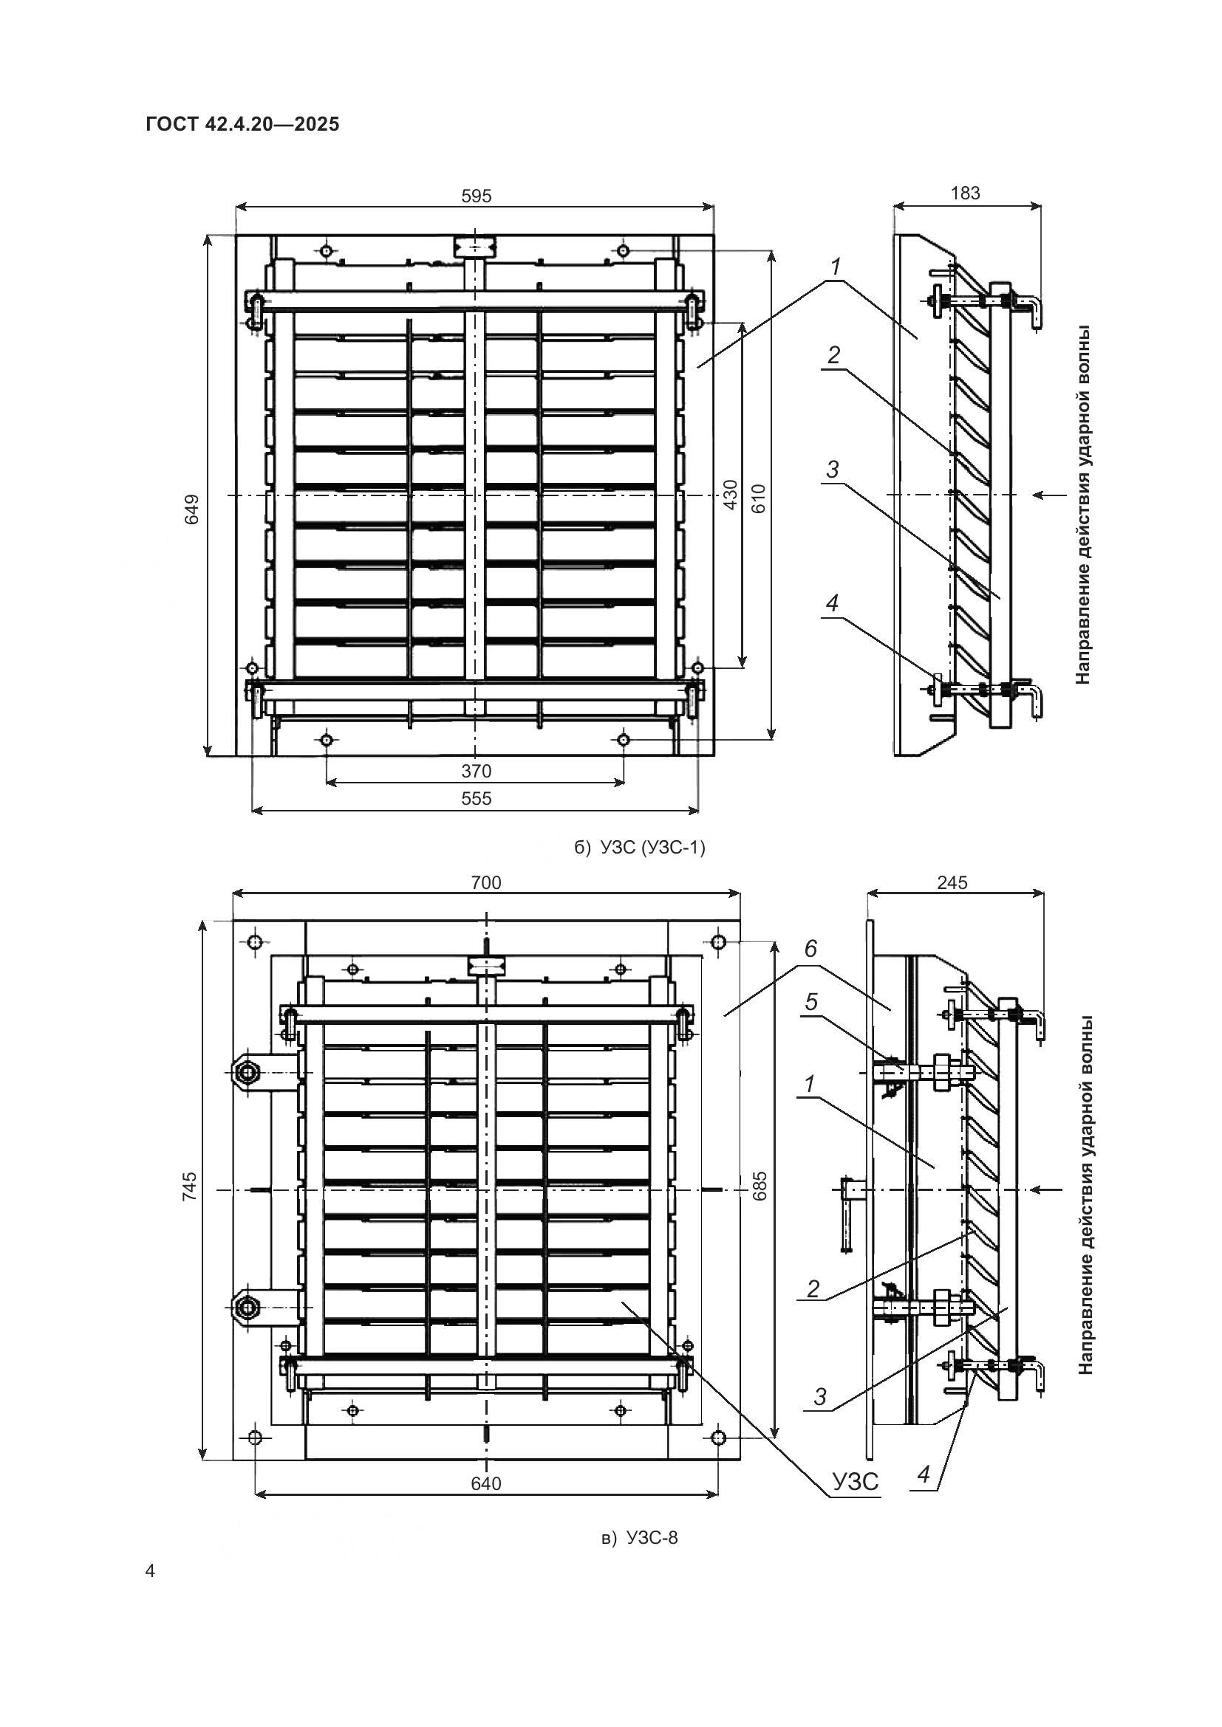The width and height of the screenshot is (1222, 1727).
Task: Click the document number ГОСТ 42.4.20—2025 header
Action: pos(242,124)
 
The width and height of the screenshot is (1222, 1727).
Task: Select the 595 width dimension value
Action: pos(477,196)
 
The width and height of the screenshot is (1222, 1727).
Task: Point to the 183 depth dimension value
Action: pos(966,193)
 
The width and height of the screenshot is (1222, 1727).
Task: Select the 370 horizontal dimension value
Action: pos(477,771)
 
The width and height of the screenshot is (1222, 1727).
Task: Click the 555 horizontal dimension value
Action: pos(477,798)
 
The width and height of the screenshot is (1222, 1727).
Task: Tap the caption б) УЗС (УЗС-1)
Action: pos(640,848)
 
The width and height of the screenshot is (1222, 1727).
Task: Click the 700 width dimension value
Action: pos(486,882)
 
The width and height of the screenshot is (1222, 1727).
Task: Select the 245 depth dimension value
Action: pos(952,882)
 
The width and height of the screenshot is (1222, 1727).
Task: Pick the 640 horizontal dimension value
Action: pos(486,1484)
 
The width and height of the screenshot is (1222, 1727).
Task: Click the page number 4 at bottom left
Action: pos(151,1571)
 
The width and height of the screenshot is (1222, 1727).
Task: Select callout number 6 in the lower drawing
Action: pos(810,950)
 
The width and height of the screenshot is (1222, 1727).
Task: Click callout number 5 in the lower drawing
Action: pos(811,1003)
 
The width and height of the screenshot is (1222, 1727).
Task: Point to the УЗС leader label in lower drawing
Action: pos(855,1482)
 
